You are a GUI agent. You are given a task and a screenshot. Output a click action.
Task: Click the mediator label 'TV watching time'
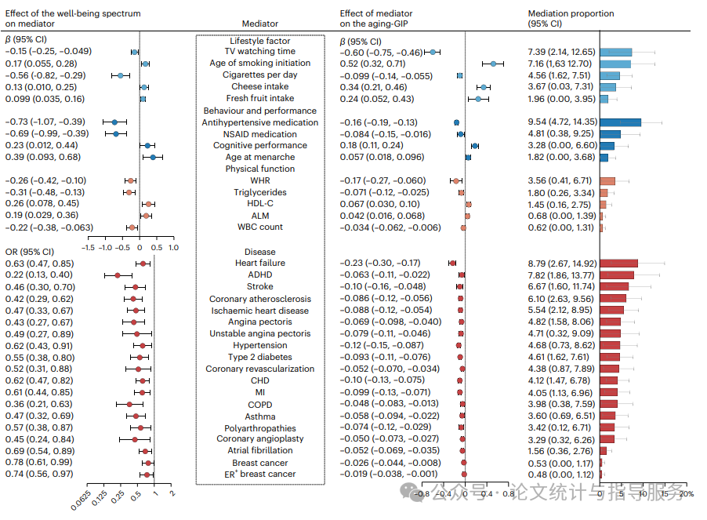(x=260, y=52)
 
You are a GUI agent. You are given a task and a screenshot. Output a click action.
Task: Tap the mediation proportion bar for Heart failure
(x=618, y=264)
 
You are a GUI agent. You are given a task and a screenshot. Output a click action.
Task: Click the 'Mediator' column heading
(x=260, y=24)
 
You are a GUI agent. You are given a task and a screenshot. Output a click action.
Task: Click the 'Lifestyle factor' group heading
(x=260, y=41)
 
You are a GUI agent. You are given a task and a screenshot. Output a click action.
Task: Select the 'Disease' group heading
(x=260, y=253)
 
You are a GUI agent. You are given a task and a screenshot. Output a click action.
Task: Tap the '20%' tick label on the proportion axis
(x=686, y=494)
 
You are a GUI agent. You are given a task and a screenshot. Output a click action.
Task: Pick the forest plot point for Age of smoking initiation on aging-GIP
(x=494, y=64)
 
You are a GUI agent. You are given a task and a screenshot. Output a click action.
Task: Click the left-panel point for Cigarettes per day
(x=120, y=75)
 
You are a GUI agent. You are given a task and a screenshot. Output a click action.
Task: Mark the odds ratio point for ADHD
(x=118, y=275)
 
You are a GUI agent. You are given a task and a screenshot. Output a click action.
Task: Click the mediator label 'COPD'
(x=260, y=405)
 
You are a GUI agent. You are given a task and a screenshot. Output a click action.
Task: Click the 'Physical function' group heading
(x=260, y=169)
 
